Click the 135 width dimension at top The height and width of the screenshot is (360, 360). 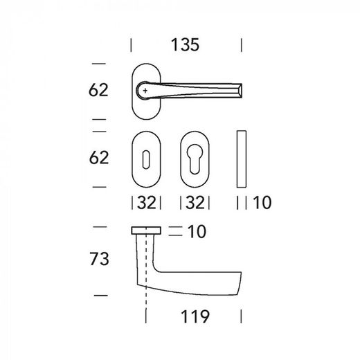185,45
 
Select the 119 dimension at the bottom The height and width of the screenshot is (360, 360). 195,316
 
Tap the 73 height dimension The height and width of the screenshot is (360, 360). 99,259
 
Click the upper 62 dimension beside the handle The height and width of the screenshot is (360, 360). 98,90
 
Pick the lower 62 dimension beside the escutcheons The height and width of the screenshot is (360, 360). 99,158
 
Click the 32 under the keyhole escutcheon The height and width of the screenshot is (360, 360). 147,203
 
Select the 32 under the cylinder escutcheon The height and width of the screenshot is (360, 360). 195,203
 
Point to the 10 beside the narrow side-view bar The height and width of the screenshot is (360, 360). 262,203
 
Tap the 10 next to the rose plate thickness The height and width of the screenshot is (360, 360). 197,231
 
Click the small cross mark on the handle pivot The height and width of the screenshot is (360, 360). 145,91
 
